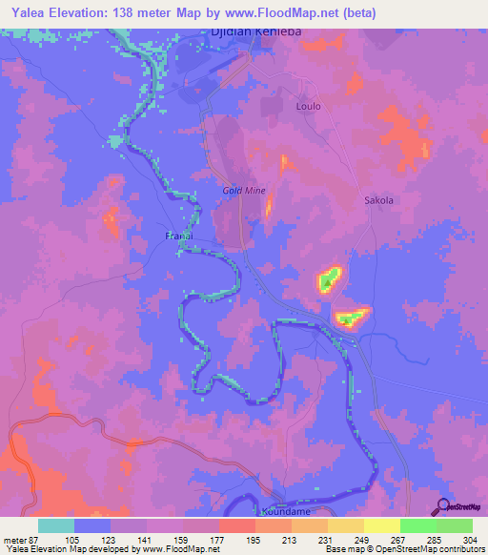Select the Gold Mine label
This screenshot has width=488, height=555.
click(243, 191)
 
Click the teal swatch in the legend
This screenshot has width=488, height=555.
click(56, 525)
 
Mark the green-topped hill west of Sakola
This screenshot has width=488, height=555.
click(329, 279)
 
